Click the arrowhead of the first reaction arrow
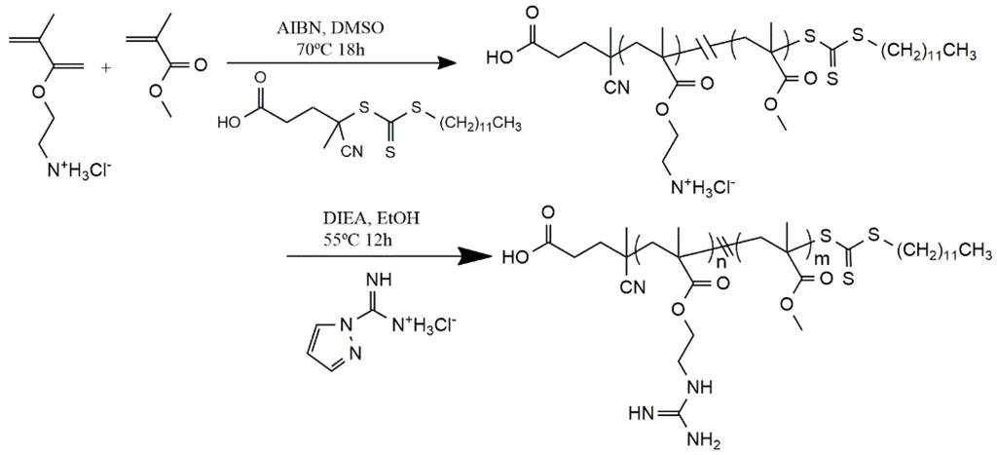(447, 63)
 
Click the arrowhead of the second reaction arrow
(477, 257)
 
